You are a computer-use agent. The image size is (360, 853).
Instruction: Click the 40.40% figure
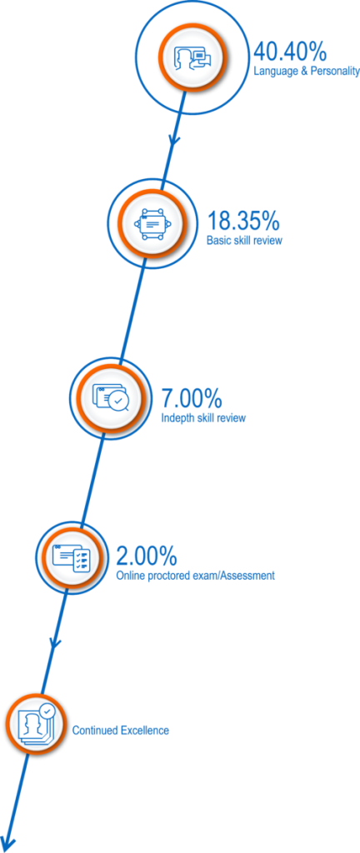pyautogui.click(x=290, y=52)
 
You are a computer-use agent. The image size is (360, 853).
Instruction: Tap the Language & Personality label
pyautogui.click(x=307, y=72)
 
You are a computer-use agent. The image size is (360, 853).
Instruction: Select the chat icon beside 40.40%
pyautogui.click(x=191, y=57)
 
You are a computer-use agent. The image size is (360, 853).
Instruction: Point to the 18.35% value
pyautogui.click(x=243, y=222)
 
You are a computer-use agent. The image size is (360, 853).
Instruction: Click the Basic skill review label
pyautogui.click(x=245, y=241)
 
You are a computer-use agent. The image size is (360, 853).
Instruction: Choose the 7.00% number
pyautogui.click(x=192, y=399)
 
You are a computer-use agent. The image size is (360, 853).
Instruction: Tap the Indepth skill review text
pyautogui.click(x=203, y=418)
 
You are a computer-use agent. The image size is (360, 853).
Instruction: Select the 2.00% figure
pyautogui.click(x=147, y=556)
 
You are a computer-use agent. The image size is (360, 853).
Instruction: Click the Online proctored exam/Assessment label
pyautogui.click(x=196, y=575)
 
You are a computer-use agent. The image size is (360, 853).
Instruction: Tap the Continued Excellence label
pyautogui.click(x=121, y=730)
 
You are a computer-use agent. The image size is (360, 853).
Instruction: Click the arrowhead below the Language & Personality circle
pyautogui.click(x=174, y=140)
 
